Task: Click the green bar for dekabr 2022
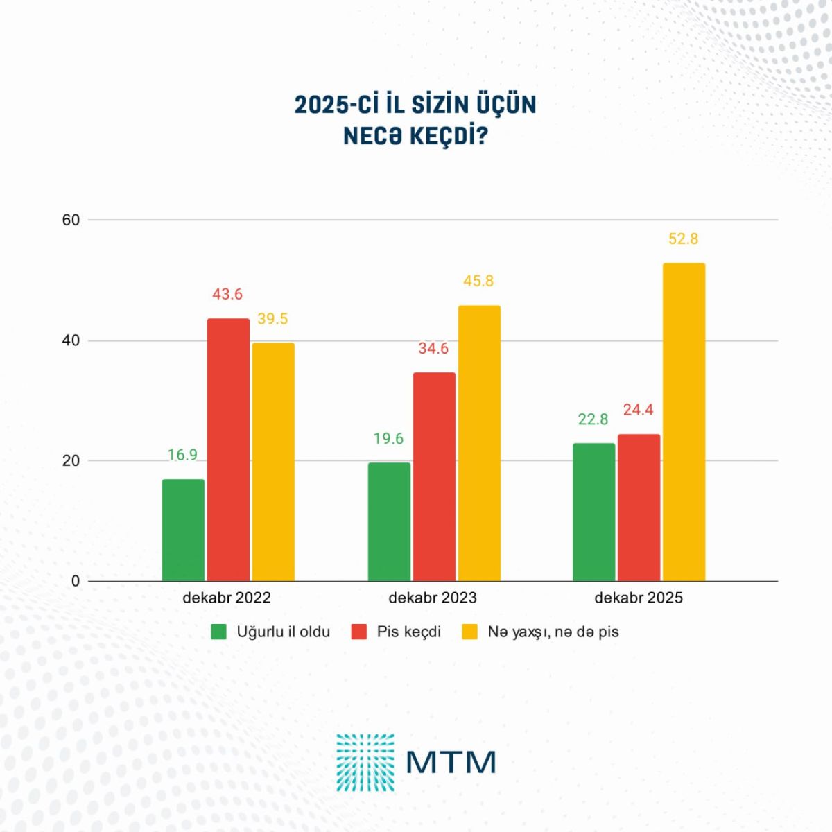click(x=183, y=530)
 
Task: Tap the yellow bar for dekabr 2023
click(x=479, y=443)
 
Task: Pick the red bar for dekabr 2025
click(x=639, y=508)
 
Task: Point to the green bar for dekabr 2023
click(x=389, y=521)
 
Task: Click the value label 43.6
click(x=227, y=294)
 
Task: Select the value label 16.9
click(x=182, y=455)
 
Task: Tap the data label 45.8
click(x=478, y=281)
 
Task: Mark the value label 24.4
click(x=638, y=410)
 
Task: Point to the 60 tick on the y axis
click(x=71, y=220)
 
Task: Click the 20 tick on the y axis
click(x=71, y=460)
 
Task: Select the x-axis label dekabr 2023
click(x=433, y=598)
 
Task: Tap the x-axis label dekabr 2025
click(x=639, y=598)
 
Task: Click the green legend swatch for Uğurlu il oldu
click(x=220, y=632)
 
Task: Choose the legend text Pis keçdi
click(x=409, y=632)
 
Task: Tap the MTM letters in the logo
click(x=451, y=762)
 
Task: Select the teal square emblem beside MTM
click(x=365, y=762)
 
